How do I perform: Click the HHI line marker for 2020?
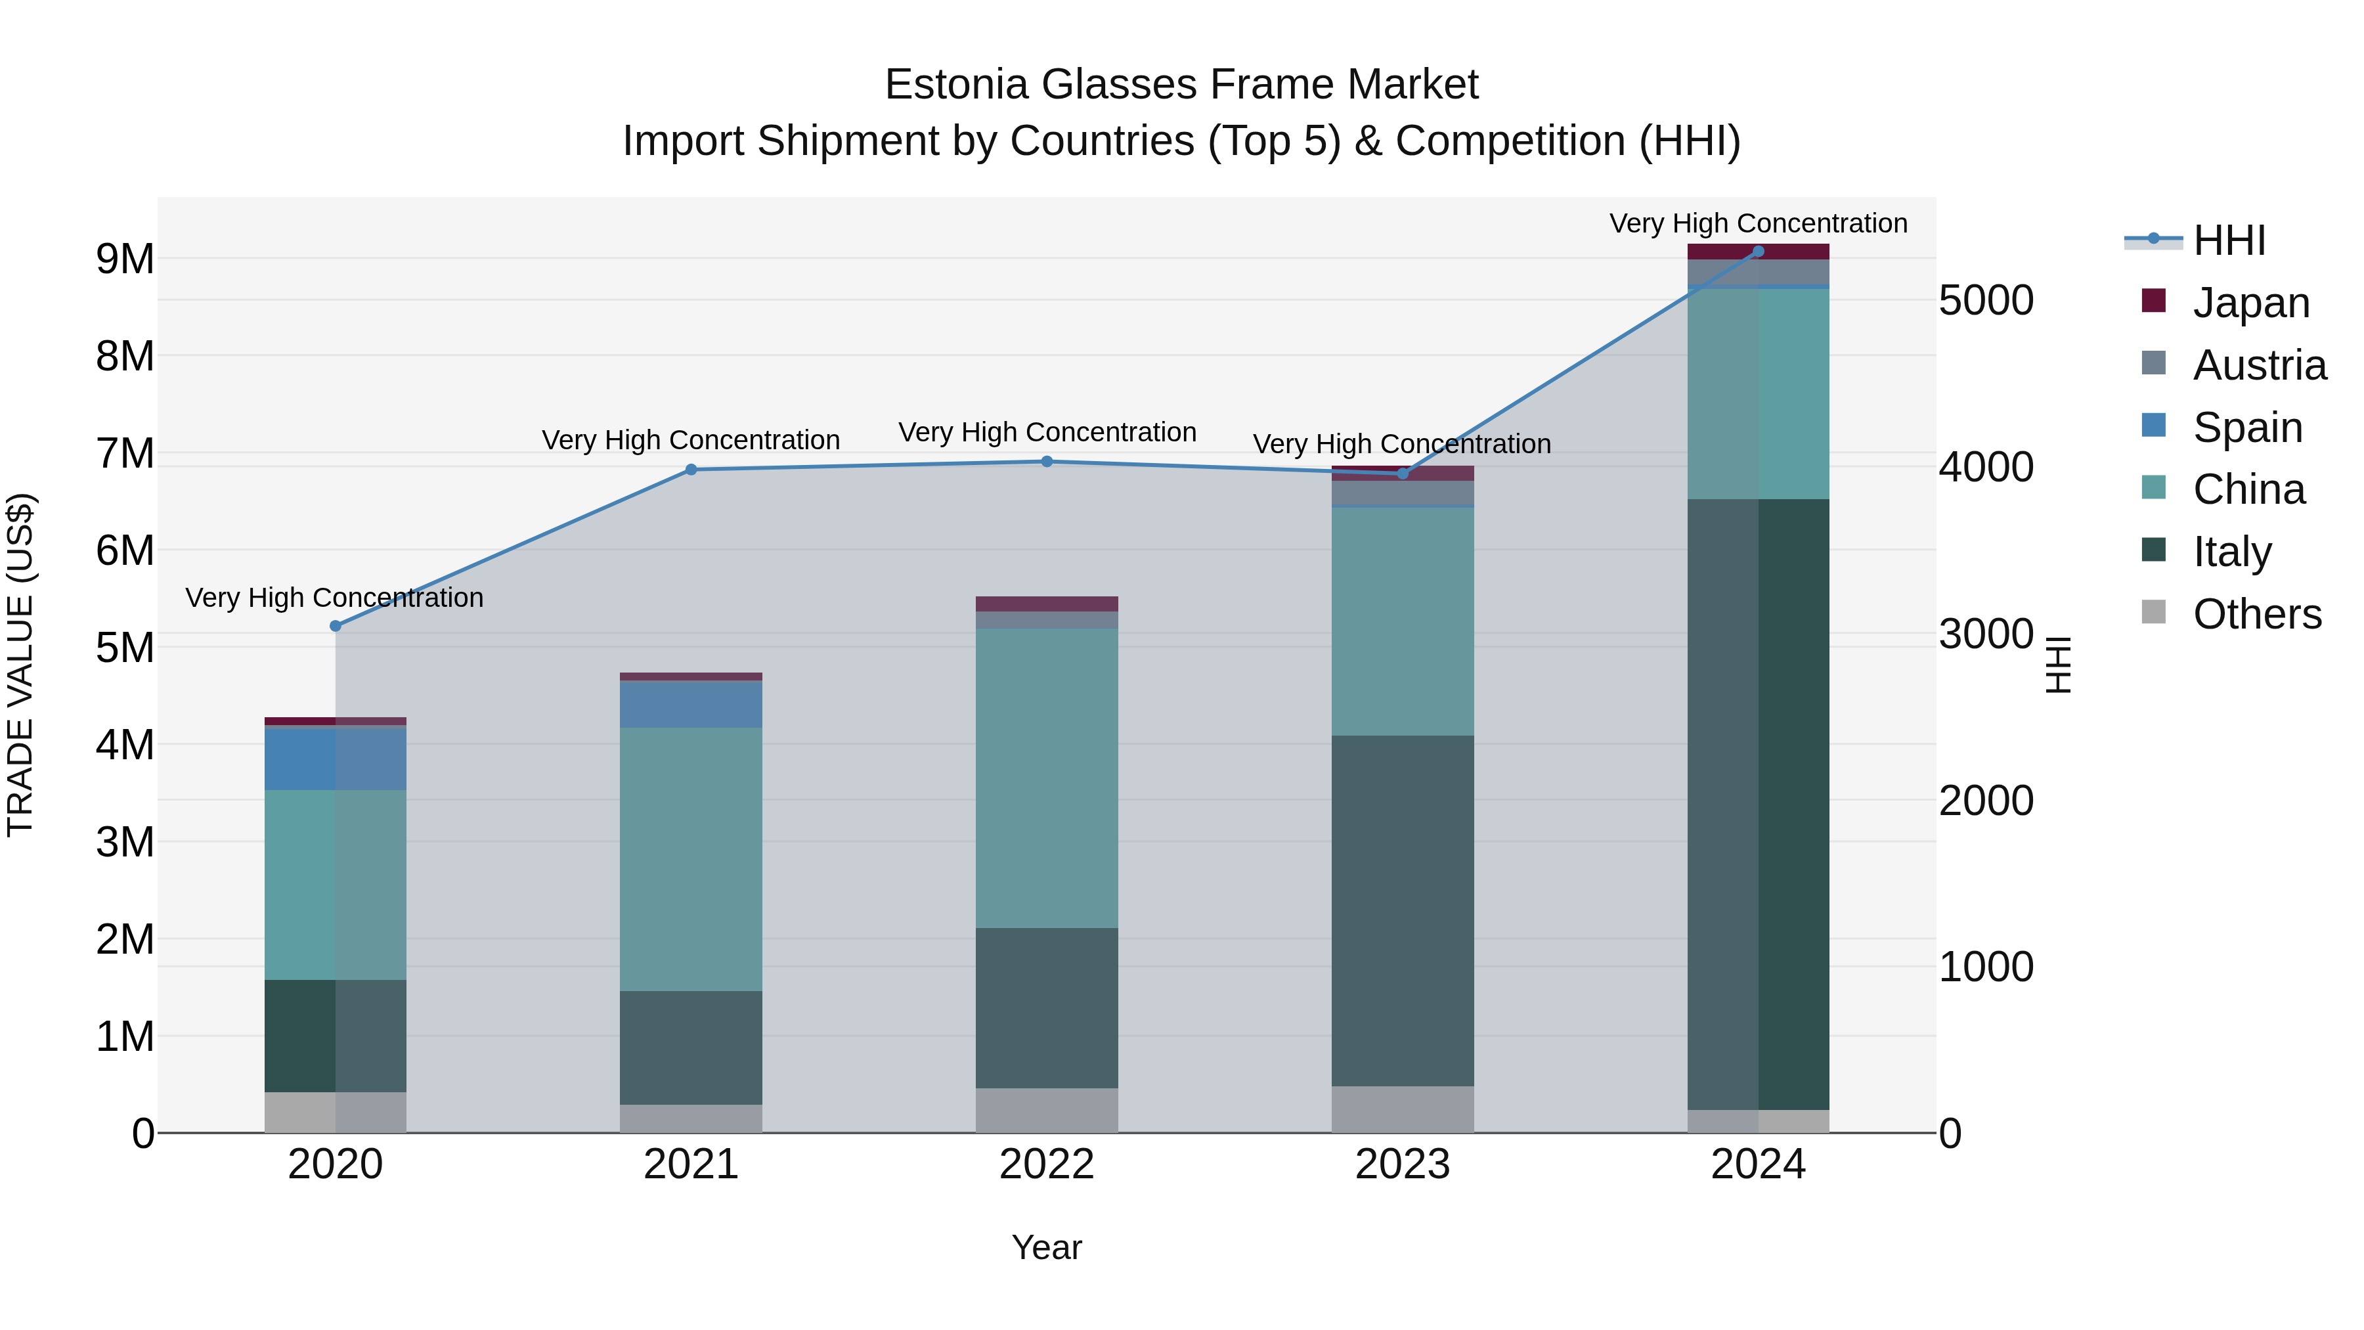[335, 626]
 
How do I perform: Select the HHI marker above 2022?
[1047, 462]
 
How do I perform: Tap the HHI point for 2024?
[1759, 252]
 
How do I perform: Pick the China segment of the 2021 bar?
[691, 858]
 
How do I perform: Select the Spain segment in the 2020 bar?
[335, 758]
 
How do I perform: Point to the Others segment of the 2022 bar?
[1047, 1110]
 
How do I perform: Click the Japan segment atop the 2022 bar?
[1047, 604]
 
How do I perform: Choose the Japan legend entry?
[2250, 303]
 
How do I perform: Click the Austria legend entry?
[2258, 365]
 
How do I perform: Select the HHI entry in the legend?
[2228, 240]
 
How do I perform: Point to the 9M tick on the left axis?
[125, 259]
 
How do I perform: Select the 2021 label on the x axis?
[691, 1164]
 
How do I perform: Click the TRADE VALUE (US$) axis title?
[20, 665]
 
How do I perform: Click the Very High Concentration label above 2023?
[1402, 444]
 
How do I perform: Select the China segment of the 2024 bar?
[1759, 394]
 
